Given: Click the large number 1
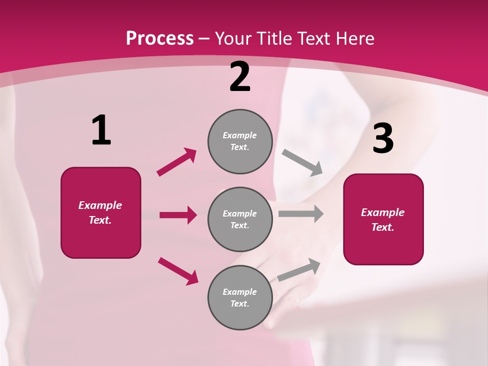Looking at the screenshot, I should coord(101,131).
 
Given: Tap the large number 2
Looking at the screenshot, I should coord(240,77).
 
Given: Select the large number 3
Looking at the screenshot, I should coord(383,139).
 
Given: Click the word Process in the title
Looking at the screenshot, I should coord(160,38).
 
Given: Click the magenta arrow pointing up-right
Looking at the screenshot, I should coord(177,162).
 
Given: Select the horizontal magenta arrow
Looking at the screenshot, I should coord(178,215).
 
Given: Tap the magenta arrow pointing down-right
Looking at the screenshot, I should coord(178,271).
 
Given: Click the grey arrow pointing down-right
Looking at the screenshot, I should coord(302,163).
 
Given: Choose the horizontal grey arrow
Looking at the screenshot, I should coord(301,214).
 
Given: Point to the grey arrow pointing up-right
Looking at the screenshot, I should coord(299,270).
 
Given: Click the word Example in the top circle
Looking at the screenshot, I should coord(240,135).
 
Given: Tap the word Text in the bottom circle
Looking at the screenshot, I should coord(239,303).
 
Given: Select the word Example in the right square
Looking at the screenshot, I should coord(383,212).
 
